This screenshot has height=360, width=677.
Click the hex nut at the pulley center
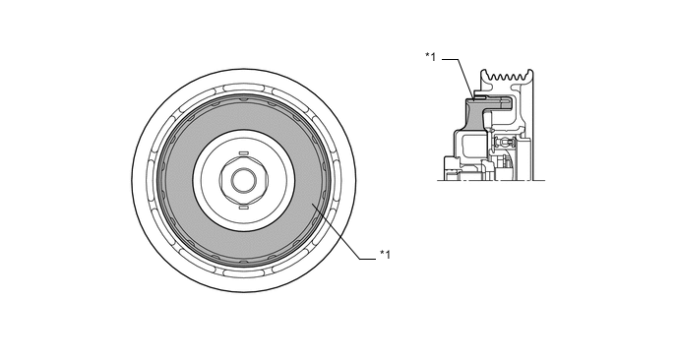[244, 180]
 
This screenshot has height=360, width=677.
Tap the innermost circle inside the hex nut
[244, 180]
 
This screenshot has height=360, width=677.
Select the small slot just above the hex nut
[244, 152]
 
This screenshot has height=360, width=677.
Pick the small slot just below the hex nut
[244, 209]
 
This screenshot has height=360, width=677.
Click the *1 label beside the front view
[385, 255]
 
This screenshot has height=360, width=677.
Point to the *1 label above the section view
[431, 56]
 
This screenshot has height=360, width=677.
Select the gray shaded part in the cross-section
[474, 113]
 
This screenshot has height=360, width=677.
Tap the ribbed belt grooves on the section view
[508, 76]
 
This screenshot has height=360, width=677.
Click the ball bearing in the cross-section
[503, 141]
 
